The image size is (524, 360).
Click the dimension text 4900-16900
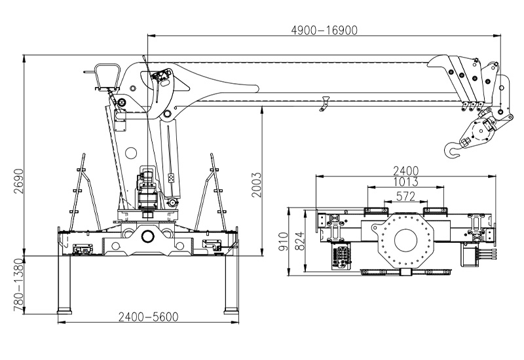click(x=325, y=29)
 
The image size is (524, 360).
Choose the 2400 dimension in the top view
click(x=406, y=171)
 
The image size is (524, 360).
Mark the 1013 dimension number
click(x=406, y=182)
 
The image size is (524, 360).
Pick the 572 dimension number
click(x=406, y=194)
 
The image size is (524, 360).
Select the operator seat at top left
click(x=105, y=75)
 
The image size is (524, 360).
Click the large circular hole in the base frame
click(x=147, y=236)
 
